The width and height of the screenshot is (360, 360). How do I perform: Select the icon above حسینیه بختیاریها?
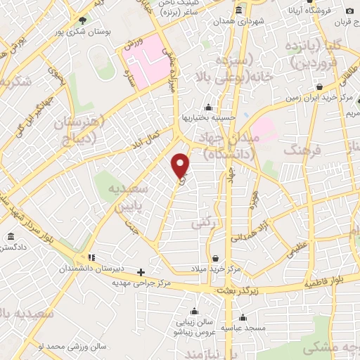pos(207,108)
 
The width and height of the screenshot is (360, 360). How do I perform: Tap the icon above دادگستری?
pos(10,237)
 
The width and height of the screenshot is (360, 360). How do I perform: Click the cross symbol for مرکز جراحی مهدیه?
pos(141,272)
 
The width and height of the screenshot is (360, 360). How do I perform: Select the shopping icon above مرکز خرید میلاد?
pos(214,258)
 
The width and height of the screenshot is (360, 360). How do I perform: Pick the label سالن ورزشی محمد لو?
pos(51,347)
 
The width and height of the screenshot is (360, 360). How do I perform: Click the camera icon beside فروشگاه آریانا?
pos(349,11)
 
